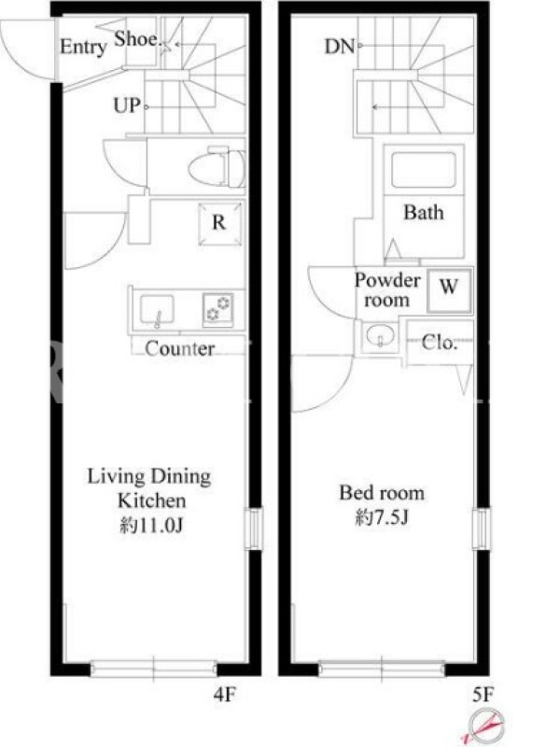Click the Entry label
[82, 47]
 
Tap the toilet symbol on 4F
[217, 168]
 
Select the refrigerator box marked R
[219, 224]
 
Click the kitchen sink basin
[157, 309]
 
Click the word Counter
[179, 348]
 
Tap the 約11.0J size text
[151, 526]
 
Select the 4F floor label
[225, 696]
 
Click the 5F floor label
[483, 696]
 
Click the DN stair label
[340, 47]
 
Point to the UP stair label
[127, 106]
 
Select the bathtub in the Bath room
[424, 170]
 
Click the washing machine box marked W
[449, 291]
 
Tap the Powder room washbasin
[381, 335]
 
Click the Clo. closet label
[440, 342]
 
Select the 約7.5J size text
[382, 517]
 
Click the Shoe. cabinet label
[136, 39]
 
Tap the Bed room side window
[481, 529]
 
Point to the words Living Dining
[149, 477]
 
